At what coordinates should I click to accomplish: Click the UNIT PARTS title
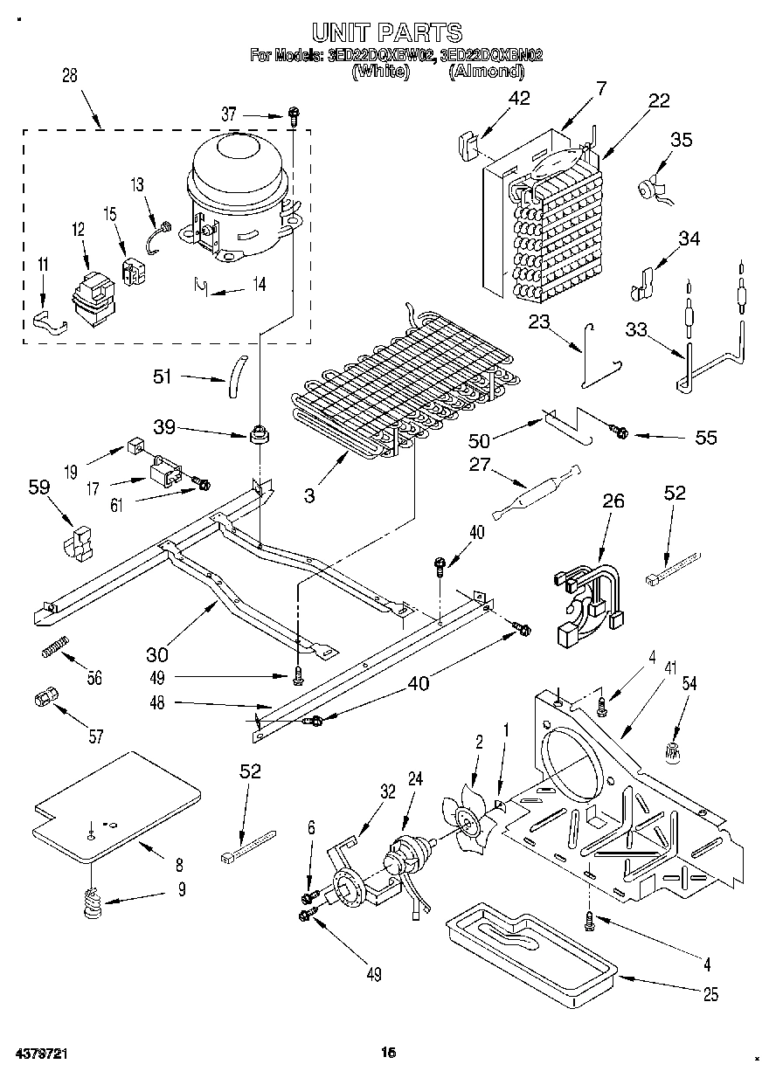[x=387, y=33]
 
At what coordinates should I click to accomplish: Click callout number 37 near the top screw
[x=228, y=114]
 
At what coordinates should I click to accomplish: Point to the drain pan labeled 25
[x=529, y=948]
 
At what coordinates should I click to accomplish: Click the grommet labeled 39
[x=259, y=432]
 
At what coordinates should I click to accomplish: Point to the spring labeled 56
[x=54, y=652]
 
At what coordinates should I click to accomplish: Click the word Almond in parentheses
[x=487, y=72]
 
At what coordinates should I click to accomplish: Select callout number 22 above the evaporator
[x=659, y=100]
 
